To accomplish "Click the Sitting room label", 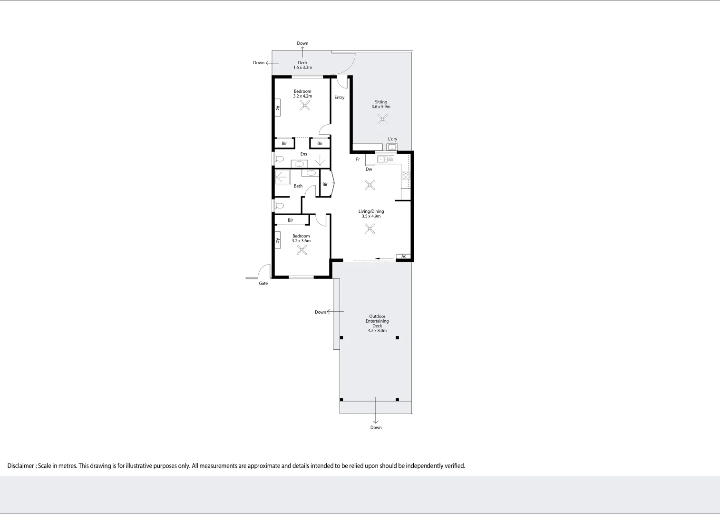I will point(381,102).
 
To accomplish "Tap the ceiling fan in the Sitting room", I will point(382,119).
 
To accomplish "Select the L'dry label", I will point(392,139).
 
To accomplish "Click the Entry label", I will point(339,98).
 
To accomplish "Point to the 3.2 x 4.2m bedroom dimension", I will point(302,96).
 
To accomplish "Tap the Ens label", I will point(303,154).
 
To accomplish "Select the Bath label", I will point(298,186).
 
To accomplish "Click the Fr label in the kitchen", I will point(358,159).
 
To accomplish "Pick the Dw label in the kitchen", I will point(369,169).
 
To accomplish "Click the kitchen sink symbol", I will point(385,159).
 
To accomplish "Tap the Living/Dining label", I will point(371,211).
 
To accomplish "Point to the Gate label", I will point(263,283).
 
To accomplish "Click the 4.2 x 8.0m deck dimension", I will point(377,331).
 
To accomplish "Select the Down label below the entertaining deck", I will point(376,427).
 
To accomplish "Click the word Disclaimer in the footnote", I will point(20,466).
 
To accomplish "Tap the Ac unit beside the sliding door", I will point(403,257).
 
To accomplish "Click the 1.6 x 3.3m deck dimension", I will point(302,68).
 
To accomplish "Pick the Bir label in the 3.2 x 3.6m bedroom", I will point(290,220).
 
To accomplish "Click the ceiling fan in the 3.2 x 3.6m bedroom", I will point(302,250).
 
